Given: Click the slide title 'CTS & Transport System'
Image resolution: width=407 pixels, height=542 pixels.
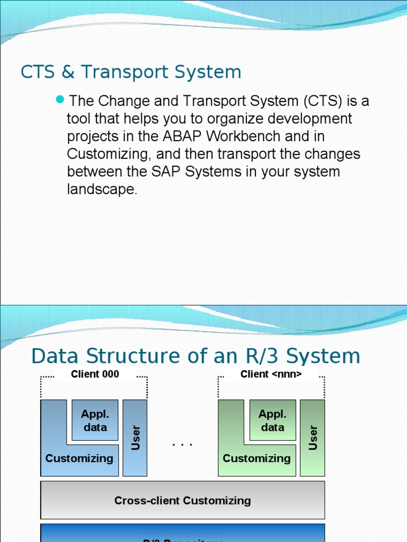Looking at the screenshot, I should click(x=130, y=72).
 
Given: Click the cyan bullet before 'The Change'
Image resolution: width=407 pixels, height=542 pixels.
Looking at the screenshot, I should click(x=59, y=99).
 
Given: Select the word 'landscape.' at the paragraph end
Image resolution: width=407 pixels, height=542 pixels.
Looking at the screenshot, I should click(x=102, y=189).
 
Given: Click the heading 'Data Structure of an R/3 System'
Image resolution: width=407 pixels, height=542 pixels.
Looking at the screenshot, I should click(x=196, y=356).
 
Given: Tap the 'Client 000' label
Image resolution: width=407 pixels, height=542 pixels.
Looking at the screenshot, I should click(x=95, y=374).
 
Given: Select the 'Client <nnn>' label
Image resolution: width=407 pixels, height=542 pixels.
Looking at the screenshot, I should click(x=271, y=374).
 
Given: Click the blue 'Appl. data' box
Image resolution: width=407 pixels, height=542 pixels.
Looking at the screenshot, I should click(x=95, y=420).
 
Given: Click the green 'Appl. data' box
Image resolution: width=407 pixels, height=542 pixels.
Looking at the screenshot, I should click(x=272, y=420).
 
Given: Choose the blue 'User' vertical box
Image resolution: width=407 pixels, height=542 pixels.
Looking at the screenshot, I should click(x=135, y=438).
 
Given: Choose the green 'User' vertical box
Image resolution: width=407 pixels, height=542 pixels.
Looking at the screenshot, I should click(x=313, y=438).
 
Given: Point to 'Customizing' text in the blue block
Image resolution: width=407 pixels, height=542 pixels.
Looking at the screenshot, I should click(x=79, y=458).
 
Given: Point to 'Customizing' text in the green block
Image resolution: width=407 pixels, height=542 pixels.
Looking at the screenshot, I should click(x=256, y=458).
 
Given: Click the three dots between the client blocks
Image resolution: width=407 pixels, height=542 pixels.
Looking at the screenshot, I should click(x=182, y=444).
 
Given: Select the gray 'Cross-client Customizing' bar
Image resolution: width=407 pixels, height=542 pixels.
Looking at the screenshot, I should click(x=182, y=500).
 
